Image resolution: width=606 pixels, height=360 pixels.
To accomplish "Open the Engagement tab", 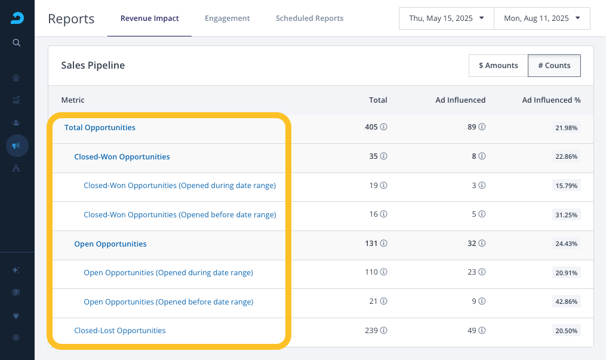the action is pyautogui.click(x=227, y=18).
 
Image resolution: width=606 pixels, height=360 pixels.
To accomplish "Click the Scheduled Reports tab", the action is pyautogui.click(x=310, y=18).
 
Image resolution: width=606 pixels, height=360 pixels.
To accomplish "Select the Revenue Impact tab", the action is pyautogui.click(x=150, y=18).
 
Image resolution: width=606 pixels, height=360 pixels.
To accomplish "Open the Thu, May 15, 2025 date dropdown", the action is pyautogui.click(x=447, y=18).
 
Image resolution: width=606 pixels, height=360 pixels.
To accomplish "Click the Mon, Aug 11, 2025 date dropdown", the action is pyautogui.click(x=542, y=18).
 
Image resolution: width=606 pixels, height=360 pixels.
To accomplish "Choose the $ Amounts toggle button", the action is pyautogui.click(x=498, y=66).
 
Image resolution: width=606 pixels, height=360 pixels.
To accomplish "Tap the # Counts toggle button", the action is pyautogui.click(x=554, y=66).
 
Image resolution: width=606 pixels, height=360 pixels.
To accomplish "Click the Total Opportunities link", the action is pyautogui.click(x=100, y=128).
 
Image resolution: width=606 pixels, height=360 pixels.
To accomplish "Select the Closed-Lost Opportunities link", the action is pyautogui.click(x=120, y=331).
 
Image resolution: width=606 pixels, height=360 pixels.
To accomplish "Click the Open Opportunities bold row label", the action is pyautogui.click(x=110, y=244).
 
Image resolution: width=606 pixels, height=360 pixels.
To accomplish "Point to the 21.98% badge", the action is pyautogui.click(x=566, y=128).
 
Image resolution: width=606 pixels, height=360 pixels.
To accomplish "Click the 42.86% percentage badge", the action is pyautogui.click(x=566, y=301).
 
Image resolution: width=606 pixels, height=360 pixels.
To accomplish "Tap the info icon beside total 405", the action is pyautogui.click(x=383, y=127).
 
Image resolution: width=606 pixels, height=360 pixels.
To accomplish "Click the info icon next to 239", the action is pyautogui.click(x=383, y=330).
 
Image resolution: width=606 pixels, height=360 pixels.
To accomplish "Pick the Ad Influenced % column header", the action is pyautogui.click(x=551, y=100).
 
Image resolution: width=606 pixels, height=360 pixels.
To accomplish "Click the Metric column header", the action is pyautogui.click(x=73, y=100).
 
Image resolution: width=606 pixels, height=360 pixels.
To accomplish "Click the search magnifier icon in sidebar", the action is pyautogui.click(x=16, y=42).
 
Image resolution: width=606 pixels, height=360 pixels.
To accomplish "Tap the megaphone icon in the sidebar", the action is pyautogui.click(x=16, y=146).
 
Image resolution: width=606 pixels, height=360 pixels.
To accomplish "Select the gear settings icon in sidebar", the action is pyautogui.click(x=16, y=337).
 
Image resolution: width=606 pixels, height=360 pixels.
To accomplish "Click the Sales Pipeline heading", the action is pyautogui.click(x=93, y=65).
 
